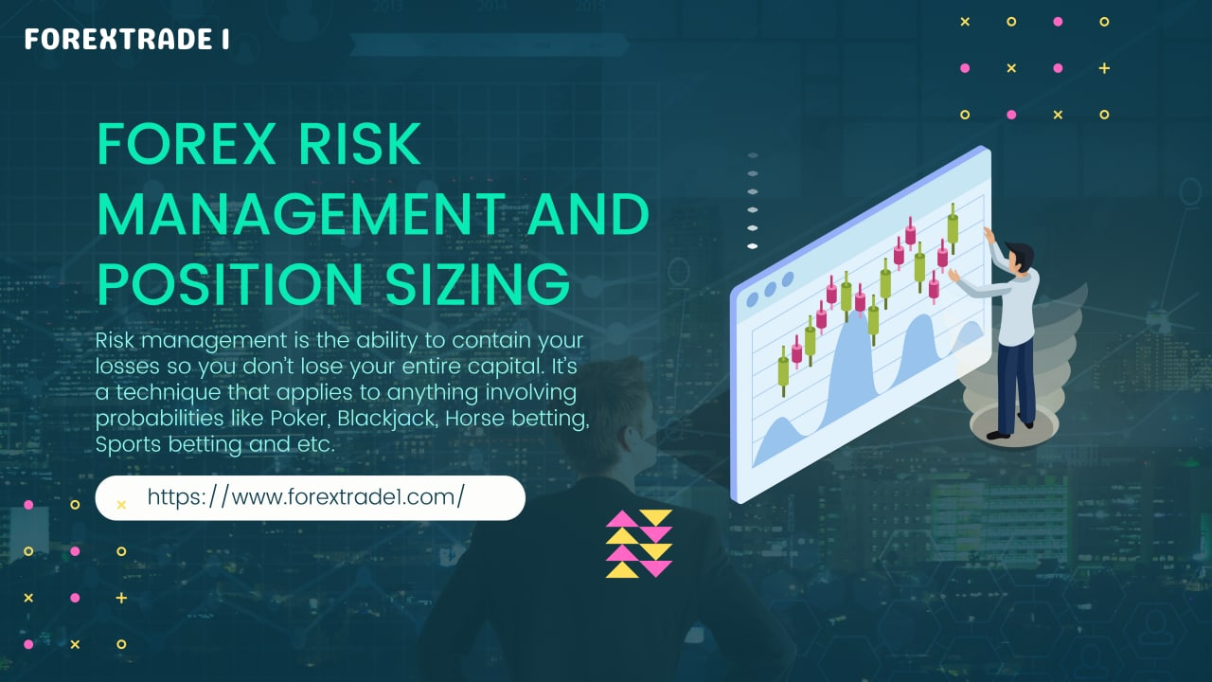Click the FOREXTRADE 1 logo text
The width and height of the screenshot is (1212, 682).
126,40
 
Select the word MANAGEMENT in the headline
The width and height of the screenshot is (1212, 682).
300,214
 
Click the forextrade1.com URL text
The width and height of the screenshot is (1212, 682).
306,496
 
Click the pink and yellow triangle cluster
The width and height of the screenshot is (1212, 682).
639,544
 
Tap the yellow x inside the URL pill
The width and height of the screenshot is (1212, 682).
121,505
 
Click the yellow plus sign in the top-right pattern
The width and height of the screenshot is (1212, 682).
1104,68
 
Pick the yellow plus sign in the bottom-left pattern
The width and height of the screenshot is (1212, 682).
121,598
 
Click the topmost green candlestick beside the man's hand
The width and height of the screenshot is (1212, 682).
953,227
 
